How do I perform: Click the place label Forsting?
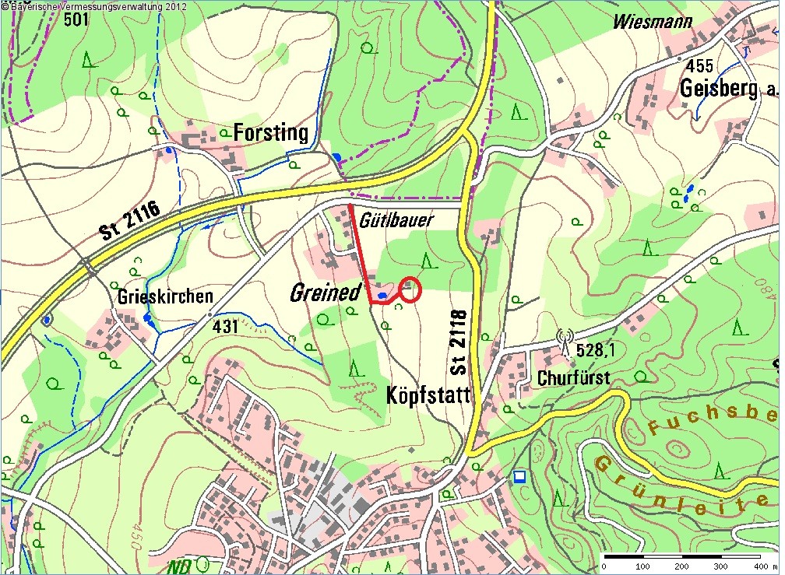coord(271,133)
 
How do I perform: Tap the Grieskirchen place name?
coord(165,297)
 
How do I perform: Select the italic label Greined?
coord(326,293)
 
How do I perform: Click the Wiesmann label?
coord(652,22)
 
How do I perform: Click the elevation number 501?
coord(76,20)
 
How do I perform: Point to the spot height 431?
coord(225,327)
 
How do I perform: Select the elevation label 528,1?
coord(596,352)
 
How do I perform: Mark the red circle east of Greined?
coord(410,289)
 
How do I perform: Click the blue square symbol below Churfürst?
coord(520,475)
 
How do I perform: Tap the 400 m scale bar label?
coord(752,566)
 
